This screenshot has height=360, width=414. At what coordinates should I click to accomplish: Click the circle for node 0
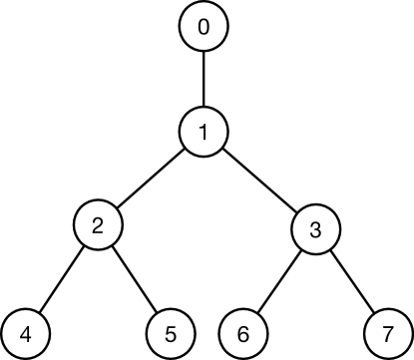pyautogui.click(x=205, y=28)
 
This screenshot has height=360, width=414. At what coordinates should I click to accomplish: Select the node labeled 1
pyautogui.click(x=205, y=131)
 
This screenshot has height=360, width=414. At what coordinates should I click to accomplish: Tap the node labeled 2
pyautogui.click(x=98, y=226)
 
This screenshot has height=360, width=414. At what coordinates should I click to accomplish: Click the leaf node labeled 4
pyautogui.click(x=26, y=332)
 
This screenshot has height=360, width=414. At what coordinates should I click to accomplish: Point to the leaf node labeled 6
pyautogui.click(x=240, y=332)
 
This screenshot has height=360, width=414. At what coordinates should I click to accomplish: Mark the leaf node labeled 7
pyautogui.click(x=385, y=332)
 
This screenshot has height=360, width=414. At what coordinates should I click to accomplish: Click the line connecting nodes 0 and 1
pyautogui.click(x=205, y=79)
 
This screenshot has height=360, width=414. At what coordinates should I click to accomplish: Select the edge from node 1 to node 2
pyautogui.click(x=152, y=179)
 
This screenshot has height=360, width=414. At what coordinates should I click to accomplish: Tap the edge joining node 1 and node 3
pyautogui.click(x=259, y=180)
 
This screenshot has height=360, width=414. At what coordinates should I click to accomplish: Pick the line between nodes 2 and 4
pyautogui.click(x=62, y=279)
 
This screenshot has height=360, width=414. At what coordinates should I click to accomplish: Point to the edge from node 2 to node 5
pyautogui.click(x=135, y=279)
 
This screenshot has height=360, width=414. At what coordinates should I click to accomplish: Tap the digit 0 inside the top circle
pyautogui.click(x=205, y=28)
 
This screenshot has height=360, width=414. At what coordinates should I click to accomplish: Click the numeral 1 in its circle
pyautogui.click(x=205, y=131)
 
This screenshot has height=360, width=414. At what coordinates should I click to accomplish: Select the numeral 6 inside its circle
pyautogui.click(x=240, y=332)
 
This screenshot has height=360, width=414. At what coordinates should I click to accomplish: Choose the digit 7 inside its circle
pyautogui.click(x=385, y=332)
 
